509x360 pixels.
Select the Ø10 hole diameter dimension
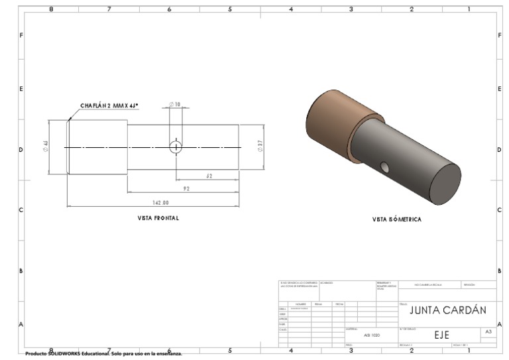[175, 105]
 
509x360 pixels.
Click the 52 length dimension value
[209, 176]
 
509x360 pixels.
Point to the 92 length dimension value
[186, 189]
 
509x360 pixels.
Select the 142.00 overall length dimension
[160, 203]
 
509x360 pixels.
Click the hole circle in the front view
[176, 147]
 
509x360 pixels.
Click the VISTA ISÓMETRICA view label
[396, 219]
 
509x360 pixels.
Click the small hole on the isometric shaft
[384, 165]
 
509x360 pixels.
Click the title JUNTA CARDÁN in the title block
[447, 310]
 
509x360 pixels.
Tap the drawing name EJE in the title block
[441, 335]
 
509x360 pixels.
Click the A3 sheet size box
[488, 331]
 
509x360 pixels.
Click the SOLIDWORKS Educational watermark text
[103, 353]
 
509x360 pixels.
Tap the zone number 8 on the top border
[52, 9]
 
